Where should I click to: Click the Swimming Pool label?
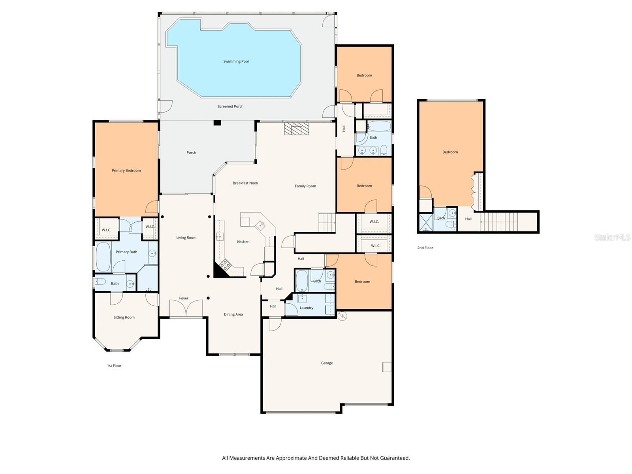(236, 62)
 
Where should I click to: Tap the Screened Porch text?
(230, 107)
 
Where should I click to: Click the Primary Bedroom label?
(126, 171)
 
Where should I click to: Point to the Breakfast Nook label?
(245, 183)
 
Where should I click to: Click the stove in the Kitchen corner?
(225, 265)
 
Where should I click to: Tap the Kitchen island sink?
(260, 225)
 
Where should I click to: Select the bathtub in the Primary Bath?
(103, 257)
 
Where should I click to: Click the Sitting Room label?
(124, 318)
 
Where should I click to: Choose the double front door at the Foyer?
(186, 308)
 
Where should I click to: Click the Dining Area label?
(233, 314)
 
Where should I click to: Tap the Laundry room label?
(307, 308)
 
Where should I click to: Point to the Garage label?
(327, 363)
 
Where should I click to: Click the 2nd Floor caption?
(425, 248)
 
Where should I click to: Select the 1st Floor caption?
(114, 366)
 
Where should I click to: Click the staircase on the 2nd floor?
(498, 222)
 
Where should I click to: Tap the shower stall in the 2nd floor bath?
(426, 222)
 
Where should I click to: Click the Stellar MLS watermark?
(612, 237)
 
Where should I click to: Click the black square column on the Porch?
(217, 123)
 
